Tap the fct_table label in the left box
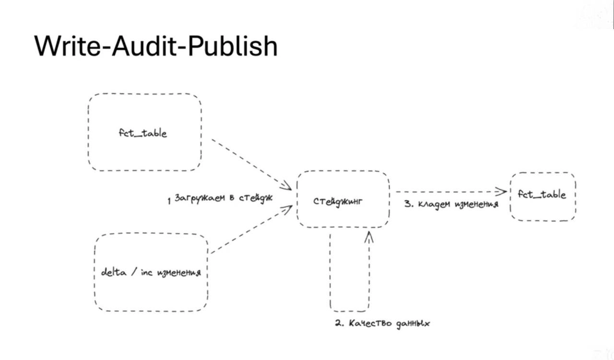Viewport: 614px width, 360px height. pyautogui.click(x=143, y=133)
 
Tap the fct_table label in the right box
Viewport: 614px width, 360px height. pyautogui.click(x=542, y=195)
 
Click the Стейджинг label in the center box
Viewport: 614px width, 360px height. pyautogui.click(x=338, y=201)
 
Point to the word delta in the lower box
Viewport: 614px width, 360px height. pyautogui.click(x=113, y=272)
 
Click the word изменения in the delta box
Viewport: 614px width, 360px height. pyautogui.click(x=178, y=273)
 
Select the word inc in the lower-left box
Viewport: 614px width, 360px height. pyautogui.click(x=147, y=272)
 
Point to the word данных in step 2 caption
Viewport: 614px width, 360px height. pyautogui.click(x=413, y=324)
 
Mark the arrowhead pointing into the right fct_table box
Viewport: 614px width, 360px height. pyautogui.click(x=503, y=192)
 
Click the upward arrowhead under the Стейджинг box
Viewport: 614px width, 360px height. pyautogui.click(x=368, y=235)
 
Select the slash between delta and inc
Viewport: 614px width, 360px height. pyautogui.click(x=136, y=272)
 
